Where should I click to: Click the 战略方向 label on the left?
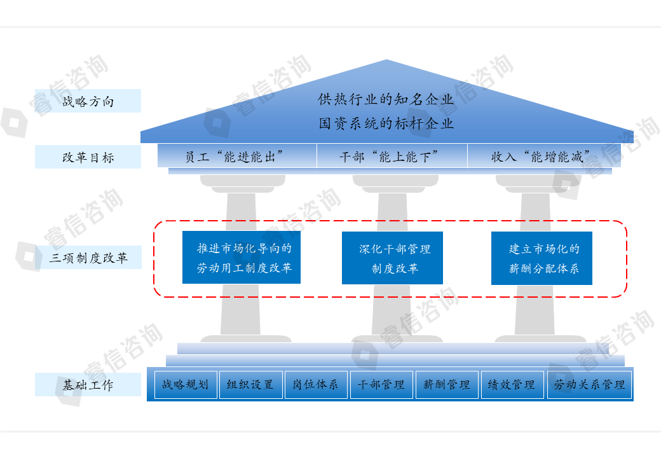[x=88, y=101]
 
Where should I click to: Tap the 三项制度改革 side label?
[x=88, y=258]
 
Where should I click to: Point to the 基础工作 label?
[x=88, y=385]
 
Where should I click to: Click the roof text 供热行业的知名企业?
[x=386, y=100]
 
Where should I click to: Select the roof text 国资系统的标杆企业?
[x=386, y=123]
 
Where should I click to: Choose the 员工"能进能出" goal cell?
[x=237, y=156]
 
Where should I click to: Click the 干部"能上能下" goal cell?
[x=392, y=156]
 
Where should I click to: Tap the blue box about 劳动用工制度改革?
[x=241, y=258]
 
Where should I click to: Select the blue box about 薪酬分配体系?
[x=542, y=258]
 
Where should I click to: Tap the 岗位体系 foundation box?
[x=315, y=385]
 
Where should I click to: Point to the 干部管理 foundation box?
[x=381, y=385]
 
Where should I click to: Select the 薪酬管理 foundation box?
[x=447, y=385]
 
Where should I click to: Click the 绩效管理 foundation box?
[x=512, y=385]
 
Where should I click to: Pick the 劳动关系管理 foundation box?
[x=589, y=385]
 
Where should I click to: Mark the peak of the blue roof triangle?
[x=386, y=60]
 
